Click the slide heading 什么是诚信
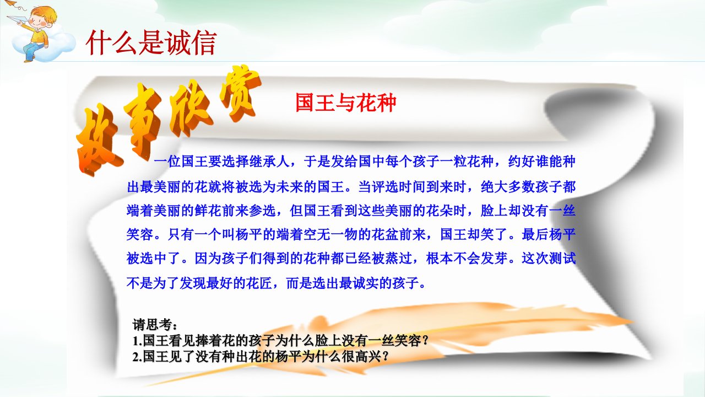pyautogui.click(x=151, y=42)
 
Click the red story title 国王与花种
pyautogui.click(x=345, y=103)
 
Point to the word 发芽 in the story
pyautogui.click(x=494, y=259)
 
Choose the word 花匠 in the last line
pyautogui.click(x=259, y=283)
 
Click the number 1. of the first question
pyautogui.click(x=138, y=341)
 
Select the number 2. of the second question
pyautogui.click(x=138, y=357)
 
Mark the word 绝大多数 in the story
pyautogui.click(x=508, y=187)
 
